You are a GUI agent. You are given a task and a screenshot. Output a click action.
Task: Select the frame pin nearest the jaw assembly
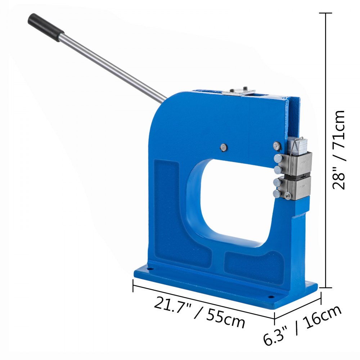[x=276, y=146]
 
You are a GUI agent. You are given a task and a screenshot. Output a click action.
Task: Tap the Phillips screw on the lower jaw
[x=288, y=195]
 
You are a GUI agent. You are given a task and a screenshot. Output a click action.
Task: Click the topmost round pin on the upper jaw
[x=278, y=158]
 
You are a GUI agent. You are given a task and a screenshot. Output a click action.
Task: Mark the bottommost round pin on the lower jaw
[x=276, y=194]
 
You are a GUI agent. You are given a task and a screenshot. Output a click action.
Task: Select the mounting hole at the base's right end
[x=270, y=297]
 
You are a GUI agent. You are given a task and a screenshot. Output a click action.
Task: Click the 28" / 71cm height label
[x=339, y=149]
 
